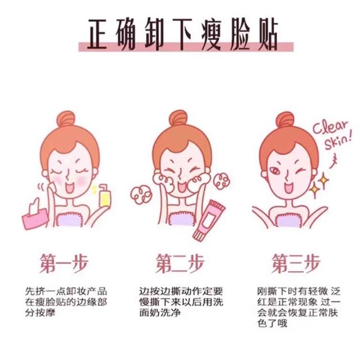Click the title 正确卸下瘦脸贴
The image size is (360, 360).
tap(183, 34)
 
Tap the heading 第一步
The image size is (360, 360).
tap(64, 263)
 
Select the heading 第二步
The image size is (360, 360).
tap(180, 263)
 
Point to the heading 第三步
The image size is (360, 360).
tap(296, 263)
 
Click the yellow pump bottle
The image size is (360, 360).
tap(105, 196)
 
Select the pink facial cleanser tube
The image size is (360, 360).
tap(208, 220)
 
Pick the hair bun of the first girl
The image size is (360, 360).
tap(66, 119)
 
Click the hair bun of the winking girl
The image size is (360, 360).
tap(285, 120)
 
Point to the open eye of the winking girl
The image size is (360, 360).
tap(274, 171)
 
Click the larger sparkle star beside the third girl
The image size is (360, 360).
tap(314, 190)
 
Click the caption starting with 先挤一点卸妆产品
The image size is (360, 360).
tap(66, 302)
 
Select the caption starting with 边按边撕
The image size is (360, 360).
tap(181, 302)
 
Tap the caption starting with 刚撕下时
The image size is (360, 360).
tap(299, 307)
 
